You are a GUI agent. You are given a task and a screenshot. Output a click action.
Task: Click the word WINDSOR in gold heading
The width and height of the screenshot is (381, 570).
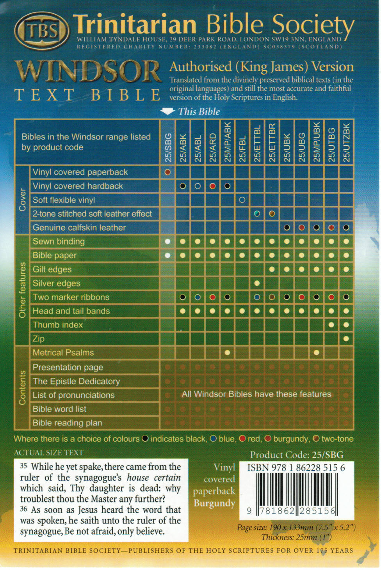click(88, 72)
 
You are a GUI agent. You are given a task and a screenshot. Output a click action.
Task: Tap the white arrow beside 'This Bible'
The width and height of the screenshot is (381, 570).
click(167, 112)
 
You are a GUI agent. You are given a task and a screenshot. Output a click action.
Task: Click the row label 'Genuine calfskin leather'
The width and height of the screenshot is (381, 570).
click(79, 228)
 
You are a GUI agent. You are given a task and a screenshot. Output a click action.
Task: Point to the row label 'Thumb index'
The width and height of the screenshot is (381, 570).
click(58, 325)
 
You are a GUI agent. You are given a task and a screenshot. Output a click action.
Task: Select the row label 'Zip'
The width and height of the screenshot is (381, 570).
click(38, 339)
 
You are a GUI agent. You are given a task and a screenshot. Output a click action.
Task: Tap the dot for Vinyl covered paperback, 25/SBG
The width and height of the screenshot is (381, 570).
click(168, 172)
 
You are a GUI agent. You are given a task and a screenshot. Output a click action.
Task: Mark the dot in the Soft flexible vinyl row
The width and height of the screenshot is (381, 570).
click(242, 200)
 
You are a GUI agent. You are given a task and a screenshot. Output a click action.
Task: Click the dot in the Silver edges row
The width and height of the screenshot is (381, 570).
click(257, 283)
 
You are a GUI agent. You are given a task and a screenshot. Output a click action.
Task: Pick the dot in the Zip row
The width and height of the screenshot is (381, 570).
click(346, 338)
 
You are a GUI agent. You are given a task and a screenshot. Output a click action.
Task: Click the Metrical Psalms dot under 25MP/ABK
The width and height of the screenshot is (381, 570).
click(227, 353)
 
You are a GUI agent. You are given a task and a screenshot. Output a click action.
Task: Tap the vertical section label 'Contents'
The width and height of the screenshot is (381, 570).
click(22, 388)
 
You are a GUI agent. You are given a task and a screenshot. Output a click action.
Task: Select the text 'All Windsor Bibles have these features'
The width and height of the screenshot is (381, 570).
click(256, 394)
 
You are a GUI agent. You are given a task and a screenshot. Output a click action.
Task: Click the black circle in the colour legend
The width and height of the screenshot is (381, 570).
click(145, 439)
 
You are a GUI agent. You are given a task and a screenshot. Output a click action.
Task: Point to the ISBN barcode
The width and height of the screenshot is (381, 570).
click(296, 489)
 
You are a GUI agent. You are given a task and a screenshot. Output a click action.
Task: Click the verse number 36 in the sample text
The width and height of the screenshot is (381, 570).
click(24, 510)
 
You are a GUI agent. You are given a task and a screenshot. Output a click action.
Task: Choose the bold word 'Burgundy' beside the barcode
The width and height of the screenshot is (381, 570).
click(214, 503)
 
